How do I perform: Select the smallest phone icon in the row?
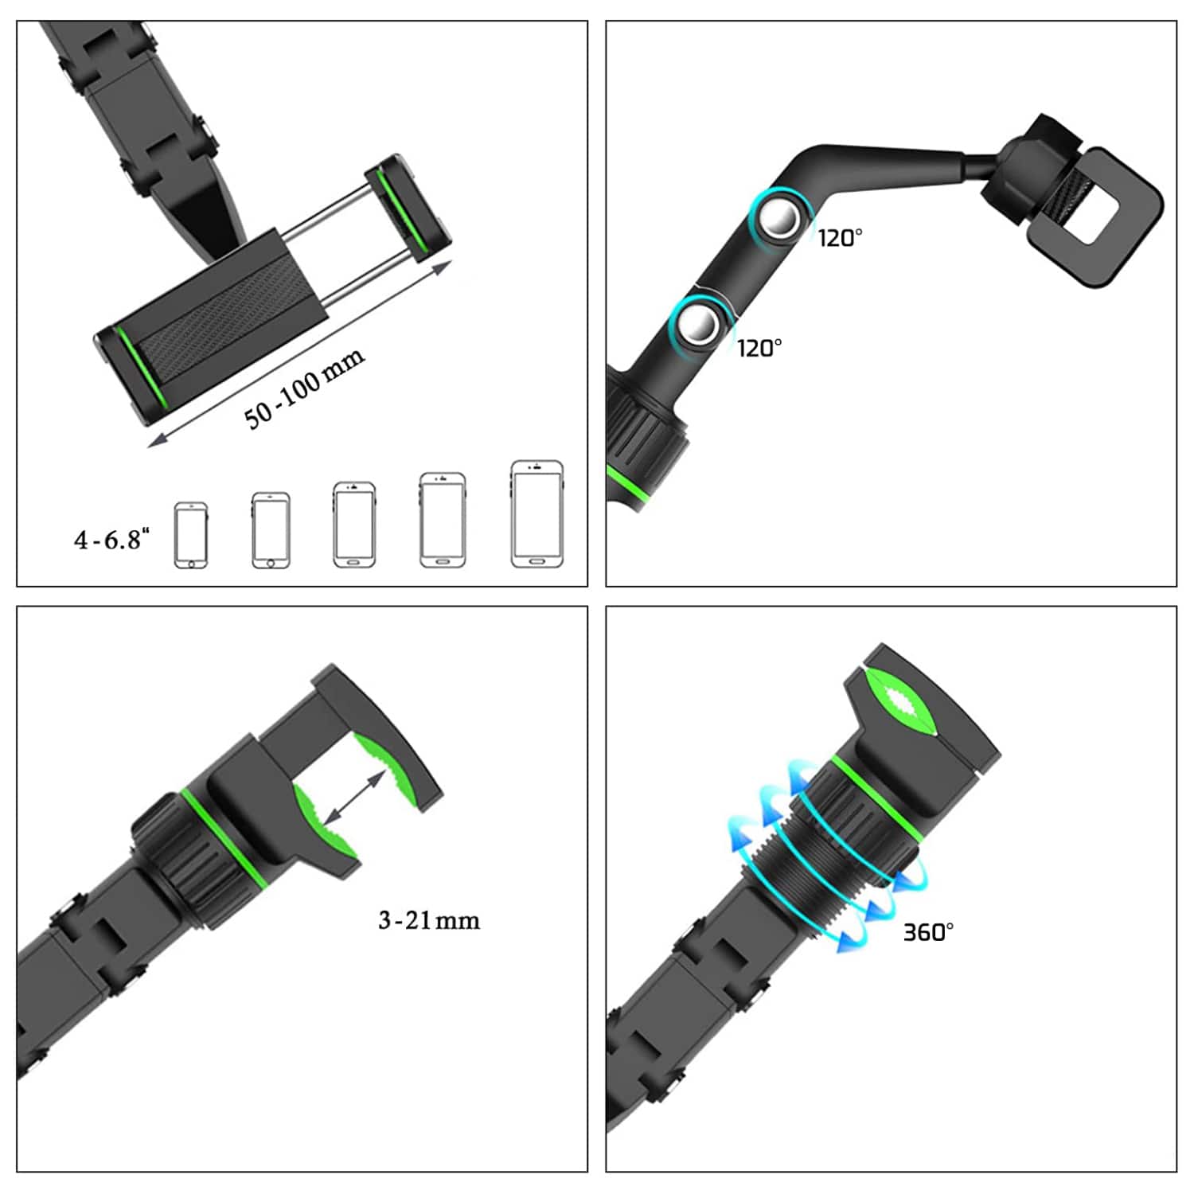pos(191,535)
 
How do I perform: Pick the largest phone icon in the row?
pos(537,514)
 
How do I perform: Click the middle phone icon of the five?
pos(354,525)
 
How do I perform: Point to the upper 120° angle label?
pos(840,237)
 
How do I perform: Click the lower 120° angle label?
pos(759,347)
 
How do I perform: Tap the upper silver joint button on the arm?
pos(780,220)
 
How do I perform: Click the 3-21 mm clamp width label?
pos(429,920)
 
